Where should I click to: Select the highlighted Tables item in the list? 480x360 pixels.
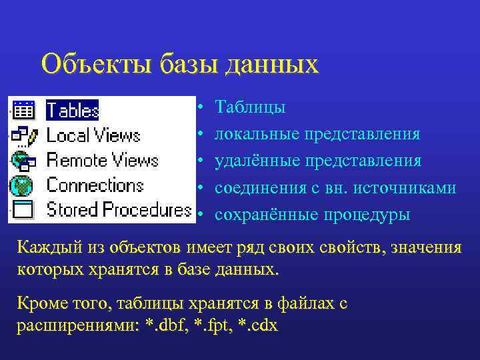pos(73,109)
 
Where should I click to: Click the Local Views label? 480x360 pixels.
pos(93,135)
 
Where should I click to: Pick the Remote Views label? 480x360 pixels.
pos(102,161)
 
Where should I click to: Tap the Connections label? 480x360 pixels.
pos(95,185)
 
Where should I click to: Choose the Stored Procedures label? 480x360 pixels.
pos(119,210)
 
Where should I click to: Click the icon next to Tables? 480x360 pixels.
pos(24,109)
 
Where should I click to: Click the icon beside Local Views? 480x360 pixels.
pos(24,135)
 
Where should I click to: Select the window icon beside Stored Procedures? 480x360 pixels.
pos(24,210)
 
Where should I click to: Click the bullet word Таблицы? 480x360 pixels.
pos(251,108)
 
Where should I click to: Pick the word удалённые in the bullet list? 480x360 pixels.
pos(259,161)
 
